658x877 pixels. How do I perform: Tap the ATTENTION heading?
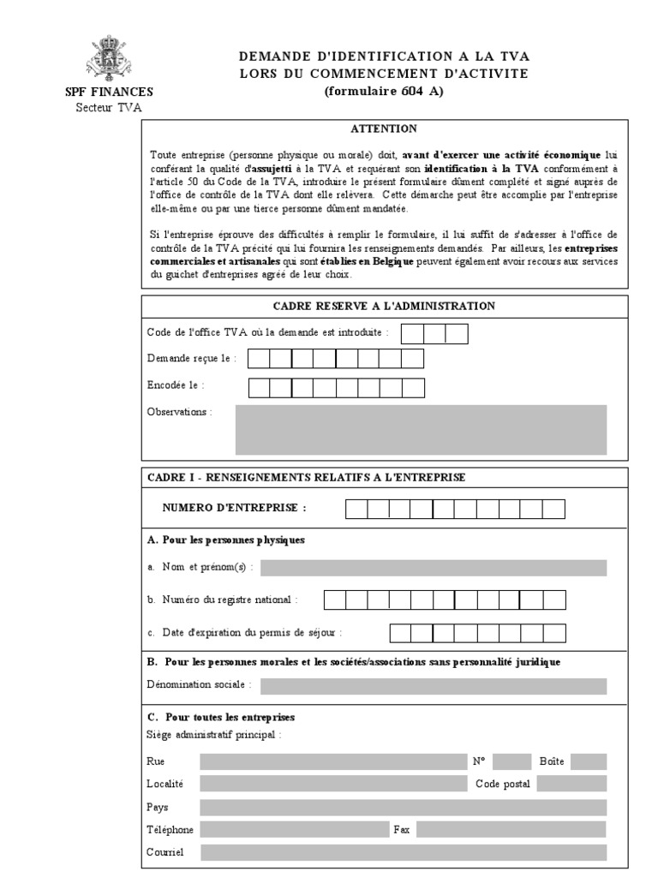(384, 129)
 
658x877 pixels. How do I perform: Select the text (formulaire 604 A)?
(384, 92)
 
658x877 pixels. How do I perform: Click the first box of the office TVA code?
(412, 333)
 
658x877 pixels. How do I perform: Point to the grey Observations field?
(421, 429)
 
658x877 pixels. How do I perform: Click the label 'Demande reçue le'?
(191, 358)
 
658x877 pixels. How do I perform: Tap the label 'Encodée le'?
(176, 386)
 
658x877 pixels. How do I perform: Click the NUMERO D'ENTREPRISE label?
(234, 508)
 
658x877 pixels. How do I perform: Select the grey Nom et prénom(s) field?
(434, 568)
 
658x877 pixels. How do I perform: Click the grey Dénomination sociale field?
(434, 685)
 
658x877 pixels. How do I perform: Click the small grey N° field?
(512, 761)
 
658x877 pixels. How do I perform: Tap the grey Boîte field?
(589, 761)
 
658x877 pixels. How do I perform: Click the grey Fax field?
(511, 829)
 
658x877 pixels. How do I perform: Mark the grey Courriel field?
(403, 852)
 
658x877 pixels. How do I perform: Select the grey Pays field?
(403, 807)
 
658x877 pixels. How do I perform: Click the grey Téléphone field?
(294, 829)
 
